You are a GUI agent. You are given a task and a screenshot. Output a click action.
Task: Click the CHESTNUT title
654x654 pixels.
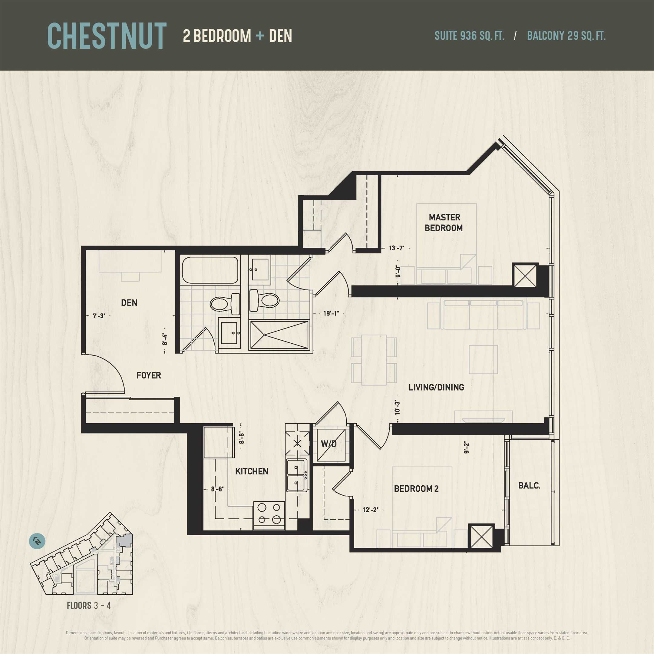click(x=107, y=36)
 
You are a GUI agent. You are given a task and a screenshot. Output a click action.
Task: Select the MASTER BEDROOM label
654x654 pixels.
click(x=444, y=223)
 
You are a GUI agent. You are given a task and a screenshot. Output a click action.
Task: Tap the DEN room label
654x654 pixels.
click(x=129, y=303)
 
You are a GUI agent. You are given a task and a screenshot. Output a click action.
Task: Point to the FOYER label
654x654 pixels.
click(x=149, y=375)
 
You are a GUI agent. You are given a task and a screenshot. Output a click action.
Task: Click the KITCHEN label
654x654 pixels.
click(x=252, y=471)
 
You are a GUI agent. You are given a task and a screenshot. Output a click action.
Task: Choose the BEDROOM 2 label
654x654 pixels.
click(x=416, y=488)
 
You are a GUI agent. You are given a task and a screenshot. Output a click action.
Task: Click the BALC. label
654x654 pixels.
click(x=529, y=485)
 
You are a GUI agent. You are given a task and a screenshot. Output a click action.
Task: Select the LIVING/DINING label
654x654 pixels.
click(x=436, y=387)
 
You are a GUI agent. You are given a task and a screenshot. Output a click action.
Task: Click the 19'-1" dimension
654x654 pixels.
click(x=331, y=313)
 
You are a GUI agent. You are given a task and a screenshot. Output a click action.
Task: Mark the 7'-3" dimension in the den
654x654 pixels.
click(x=99, y=315)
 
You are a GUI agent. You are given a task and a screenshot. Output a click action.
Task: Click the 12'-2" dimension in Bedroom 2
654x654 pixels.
click(x=370, y=510)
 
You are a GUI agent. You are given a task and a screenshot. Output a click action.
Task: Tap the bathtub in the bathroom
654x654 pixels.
click(x=210, y=270)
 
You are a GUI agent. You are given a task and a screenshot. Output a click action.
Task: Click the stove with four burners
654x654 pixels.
click(x=269, y=515)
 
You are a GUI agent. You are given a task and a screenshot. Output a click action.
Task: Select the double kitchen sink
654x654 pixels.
click(x=297, y=475)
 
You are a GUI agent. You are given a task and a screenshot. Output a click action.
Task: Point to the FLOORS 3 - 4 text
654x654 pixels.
click(x=89, y=605)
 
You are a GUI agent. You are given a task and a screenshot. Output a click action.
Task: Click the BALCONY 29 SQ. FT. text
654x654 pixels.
click(x=566, y=36)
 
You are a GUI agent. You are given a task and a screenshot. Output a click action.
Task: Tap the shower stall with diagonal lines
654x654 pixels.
click(x=279, y=335)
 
